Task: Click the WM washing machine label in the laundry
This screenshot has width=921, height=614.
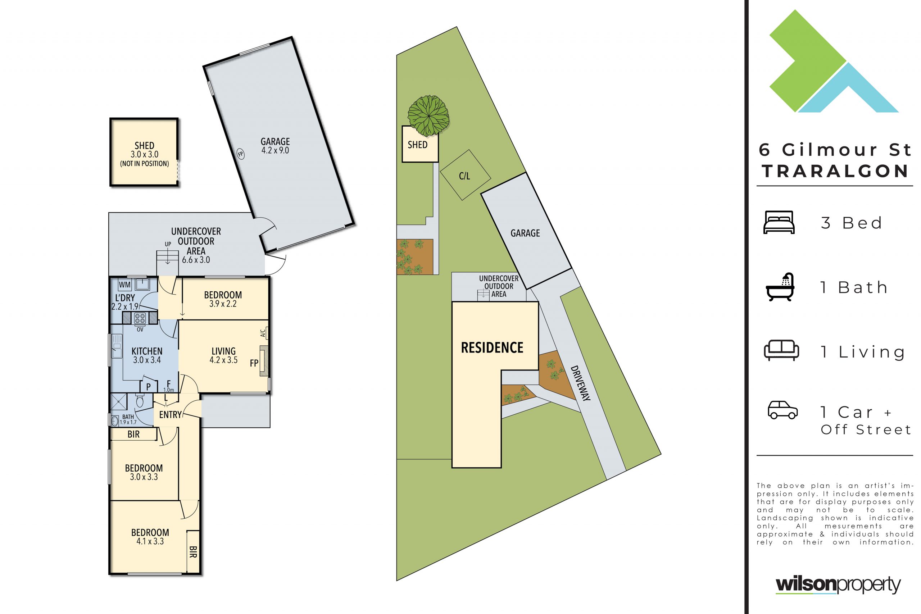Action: [x=124, y=285]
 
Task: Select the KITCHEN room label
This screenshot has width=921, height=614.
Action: [x=147, y=351]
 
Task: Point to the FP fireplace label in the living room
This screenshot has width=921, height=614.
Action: [x=254, y=363]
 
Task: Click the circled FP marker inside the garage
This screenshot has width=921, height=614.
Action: [x=240, y=154]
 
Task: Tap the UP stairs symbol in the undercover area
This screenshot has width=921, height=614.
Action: [x=168, y=256]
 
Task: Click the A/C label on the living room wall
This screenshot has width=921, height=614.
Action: [x=263, y=333]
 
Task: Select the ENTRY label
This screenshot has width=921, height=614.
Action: [x=170, y=415]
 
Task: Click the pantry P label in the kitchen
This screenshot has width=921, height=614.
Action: [x=149, y=386]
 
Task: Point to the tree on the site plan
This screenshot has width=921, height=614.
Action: [x=428, y=115]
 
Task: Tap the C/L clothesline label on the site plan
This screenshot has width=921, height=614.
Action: [x=464, y=176]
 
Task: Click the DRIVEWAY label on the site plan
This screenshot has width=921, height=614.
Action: [x=580, y=383]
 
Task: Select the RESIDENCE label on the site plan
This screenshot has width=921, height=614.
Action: [x=492, y=348]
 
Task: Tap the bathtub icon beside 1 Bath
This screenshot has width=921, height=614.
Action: [x=780, y=287]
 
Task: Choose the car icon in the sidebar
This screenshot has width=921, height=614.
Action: [x=783, y=410]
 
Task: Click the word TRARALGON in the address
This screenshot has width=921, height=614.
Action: [x=835, y=171]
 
